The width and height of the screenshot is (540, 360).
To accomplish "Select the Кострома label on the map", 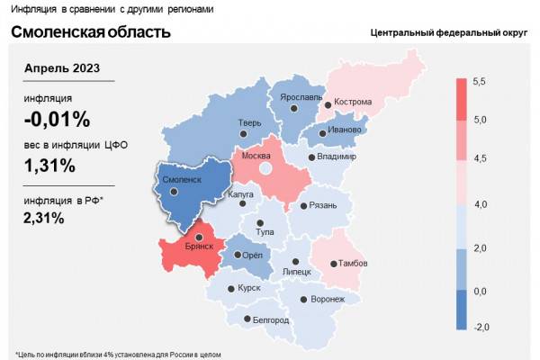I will [352, 102].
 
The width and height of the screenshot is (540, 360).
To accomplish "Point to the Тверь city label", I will [248, 125].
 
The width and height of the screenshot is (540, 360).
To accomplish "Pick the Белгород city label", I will [271, 319].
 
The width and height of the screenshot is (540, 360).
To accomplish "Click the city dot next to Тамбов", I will [332, 264].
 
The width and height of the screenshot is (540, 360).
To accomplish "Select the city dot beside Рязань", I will [301, 205].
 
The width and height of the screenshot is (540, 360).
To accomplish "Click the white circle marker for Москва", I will [265, 168].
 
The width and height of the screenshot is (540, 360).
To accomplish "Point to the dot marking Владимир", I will [311, 157].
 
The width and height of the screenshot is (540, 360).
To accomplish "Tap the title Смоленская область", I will [90, 33].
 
